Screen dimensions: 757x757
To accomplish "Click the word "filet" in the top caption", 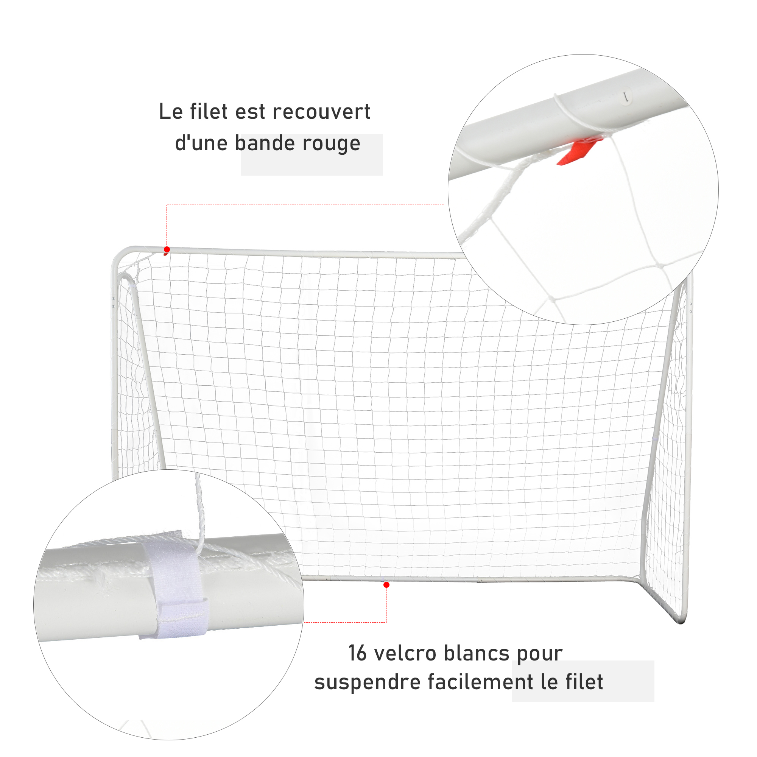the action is [x=209, y=112].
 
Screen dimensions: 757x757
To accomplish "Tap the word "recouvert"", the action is [x=322, y=112].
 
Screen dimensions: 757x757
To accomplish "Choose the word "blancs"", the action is [x=477, y=653].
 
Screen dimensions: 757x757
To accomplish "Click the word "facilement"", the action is [x=480, y=682].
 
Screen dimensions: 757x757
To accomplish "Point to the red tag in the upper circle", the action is [x=578, y=151].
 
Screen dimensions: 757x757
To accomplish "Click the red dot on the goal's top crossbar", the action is [x=167, y=249].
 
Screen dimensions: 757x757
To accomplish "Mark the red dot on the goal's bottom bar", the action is [x=386, y=585].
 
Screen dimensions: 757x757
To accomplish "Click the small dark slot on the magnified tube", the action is [x=626, y=97].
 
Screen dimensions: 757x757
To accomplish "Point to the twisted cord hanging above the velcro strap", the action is [x=199, y=513].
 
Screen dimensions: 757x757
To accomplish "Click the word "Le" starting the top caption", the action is [x=171, y=112].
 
